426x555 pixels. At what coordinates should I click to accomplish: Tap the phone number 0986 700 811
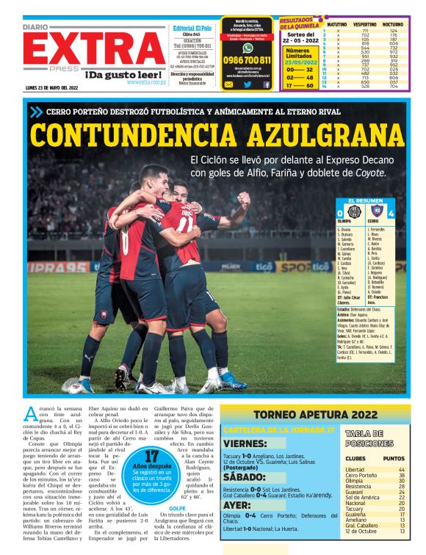point(248,60)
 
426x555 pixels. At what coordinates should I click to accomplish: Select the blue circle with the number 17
point(152,466)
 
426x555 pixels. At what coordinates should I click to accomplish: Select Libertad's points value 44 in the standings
point(401,469)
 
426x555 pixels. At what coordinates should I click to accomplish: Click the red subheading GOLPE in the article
point(178,507)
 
